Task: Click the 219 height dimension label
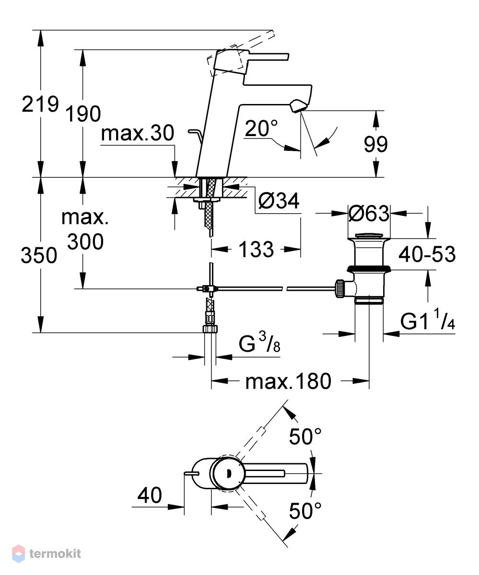click(x=40, y=104)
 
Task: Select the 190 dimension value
click(x=83, y=114)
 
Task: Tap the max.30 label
click(x=138, y=133)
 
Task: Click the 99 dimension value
click(x=375, y=144)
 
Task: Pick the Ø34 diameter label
click(x=279, y=201)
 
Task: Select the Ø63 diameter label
click(x=369, y=213)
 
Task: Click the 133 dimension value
click(x=256, y=249)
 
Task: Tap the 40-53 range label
click(x=427, y=254)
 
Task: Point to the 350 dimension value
click(x=39, y=255)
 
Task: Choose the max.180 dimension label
click(x=288, y=381)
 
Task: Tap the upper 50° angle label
click(x=305, y=437)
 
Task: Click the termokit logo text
click(x=55, y=553)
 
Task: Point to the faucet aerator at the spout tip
click(x=297, y=106)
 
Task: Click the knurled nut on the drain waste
click(x=339, y=288)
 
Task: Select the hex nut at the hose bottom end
click(x=210, y=329)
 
